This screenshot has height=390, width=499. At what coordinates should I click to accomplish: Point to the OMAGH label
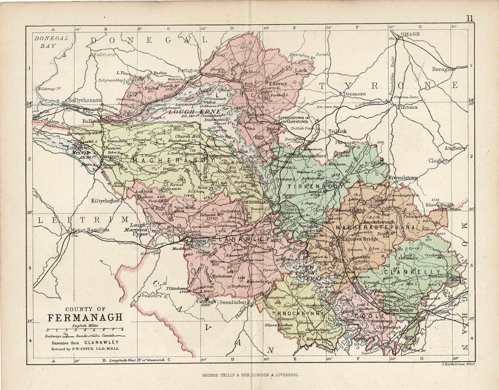pos(410,34)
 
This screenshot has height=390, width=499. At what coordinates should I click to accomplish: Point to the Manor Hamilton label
pos(89,230)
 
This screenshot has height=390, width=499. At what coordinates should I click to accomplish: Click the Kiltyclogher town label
pos(105,201)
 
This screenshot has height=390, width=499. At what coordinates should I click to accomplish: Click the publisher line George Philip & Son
pos(249,376)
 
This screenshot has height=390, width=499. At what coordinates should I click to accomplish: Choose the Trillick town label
pos(337,132)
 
